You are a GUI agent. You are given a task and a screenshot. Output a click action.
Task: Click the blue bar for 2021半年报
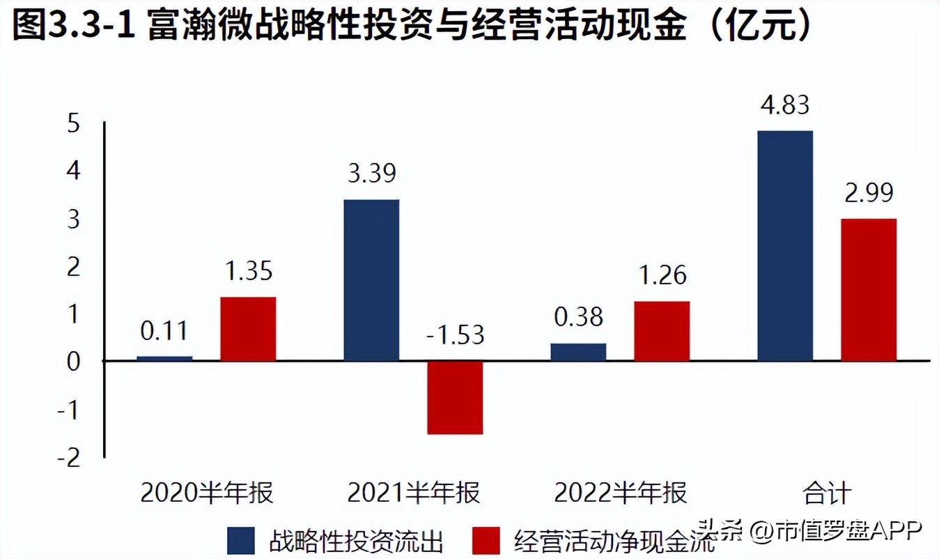click(x=371, y=279)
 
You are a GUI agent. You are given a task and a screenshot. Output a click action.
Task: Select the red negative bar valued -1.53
click(x=455, y=397)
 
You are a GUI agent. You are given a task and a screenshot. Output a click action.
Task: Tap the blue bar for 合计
click(x=784, y=245)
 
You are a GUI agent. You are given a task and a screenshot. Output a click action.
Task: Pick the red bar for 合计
click(x=868, y=289)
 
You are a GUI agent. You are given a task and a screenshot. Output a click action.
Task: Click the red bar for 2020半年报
click(x=248, y=328)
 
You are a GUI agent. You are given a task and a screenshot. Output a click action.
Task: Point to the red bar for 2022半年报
click(x=662, y=330)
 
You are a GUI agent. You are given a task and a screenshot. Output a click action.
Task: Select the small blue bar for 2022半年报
click(x=578, y=351)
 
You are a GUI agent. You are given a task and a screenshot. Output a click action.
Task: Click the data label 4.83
click(x=784, y=106)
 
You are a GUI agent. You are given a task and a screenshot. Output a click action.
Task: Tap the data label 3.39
click(x=371, y=174)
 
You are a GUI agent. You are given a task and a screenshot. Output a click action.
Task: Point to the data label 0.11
click(x=164, y=330)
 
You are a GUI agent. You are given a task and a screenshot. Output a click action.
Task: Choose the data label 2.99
click(x=868, y=193)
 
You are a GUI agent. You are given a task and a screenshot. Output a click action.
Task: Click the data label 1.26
click(x=662, y=275)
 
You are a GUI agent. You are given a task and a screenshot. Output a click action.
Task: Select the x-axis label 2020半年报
click(x=207, y=493)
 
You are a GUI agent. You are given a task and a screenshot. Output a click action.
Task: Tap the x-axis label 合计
click(x=826, y=493)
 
